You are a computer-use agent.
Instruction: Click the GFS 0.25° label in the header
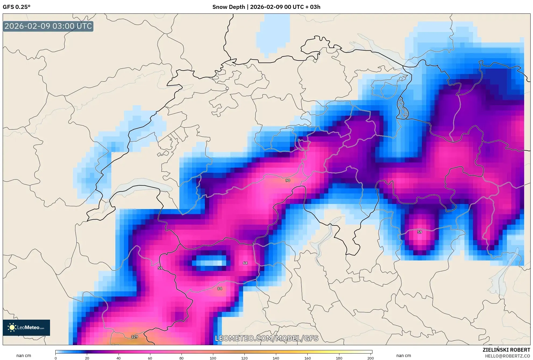(16, 7)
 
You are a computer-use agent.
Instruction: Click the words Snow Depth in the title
(228, 7)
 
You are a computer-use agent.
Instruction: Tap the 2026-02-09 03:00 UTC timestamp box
(48, 26)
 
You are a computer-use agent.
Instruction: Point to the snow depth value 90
(288, 180)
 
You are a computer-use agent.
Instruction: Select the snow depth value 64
(245, 263)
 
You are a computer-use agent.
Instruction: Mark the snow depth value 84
(220, 288)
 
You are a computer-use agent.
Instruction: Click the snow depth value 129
(134, 337)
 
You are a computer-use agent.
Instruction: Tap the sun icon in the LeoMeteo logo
(12, 327)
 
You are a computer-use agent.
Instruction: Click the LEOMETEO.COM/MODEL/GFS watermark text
(266, 338)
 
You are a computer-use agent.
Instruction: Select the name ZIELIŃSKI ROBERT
(506, 350)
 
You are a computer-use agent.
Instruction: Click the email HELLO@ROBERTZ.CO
(507, 356)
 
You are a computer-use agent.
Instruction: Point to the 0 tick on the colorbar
(56, 358)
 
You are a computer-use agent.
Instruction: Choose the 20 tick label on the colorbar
(87, 358)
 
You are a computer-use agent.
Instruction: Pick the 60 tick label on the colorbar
(150, 358)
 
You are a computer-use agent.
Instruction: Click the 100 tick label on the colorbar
(213, 358)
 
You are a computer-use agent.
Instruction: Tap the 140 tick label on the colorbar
(276, 358)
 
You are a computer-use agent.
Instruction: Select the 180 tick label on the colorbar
(339, 358)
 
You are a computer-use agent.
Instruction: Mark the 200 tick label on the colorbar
(370, 358)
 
